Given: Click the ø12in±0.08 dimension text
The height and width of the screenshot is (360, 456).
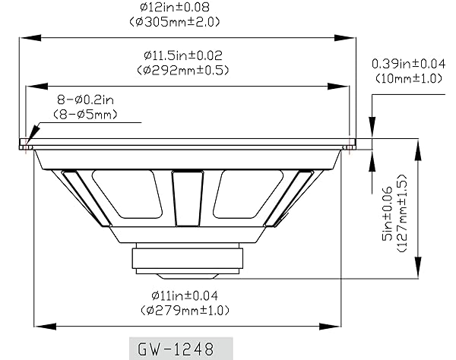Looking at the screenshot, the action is pos(175,8).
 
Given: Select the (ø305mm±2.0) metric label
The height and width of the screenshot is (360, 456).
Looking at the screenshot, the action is pos(175,22).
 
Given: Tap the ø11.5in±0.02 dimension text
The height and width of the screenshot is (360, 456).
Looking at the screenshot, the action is pos(183,55).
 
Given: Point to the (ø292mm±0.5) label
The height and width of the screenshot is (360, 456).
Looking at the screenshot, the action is pos(183,70).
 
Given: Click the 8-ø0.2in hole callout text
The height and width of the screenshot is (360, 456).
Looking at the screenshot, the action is pos(85,100).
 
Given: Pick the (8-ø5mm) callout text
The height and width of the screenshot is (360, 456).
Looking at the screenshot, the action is pos(85,114).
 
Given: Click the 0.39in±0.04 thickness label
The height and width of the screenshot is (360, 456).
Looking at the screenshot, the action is pos(409,64).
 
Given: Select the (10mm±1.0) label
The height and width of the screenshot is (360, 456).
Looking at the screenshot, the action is pos(409,78).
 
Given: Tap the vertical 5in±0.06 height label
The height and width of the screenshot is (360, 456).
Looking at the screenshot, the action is pos(388,213).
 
